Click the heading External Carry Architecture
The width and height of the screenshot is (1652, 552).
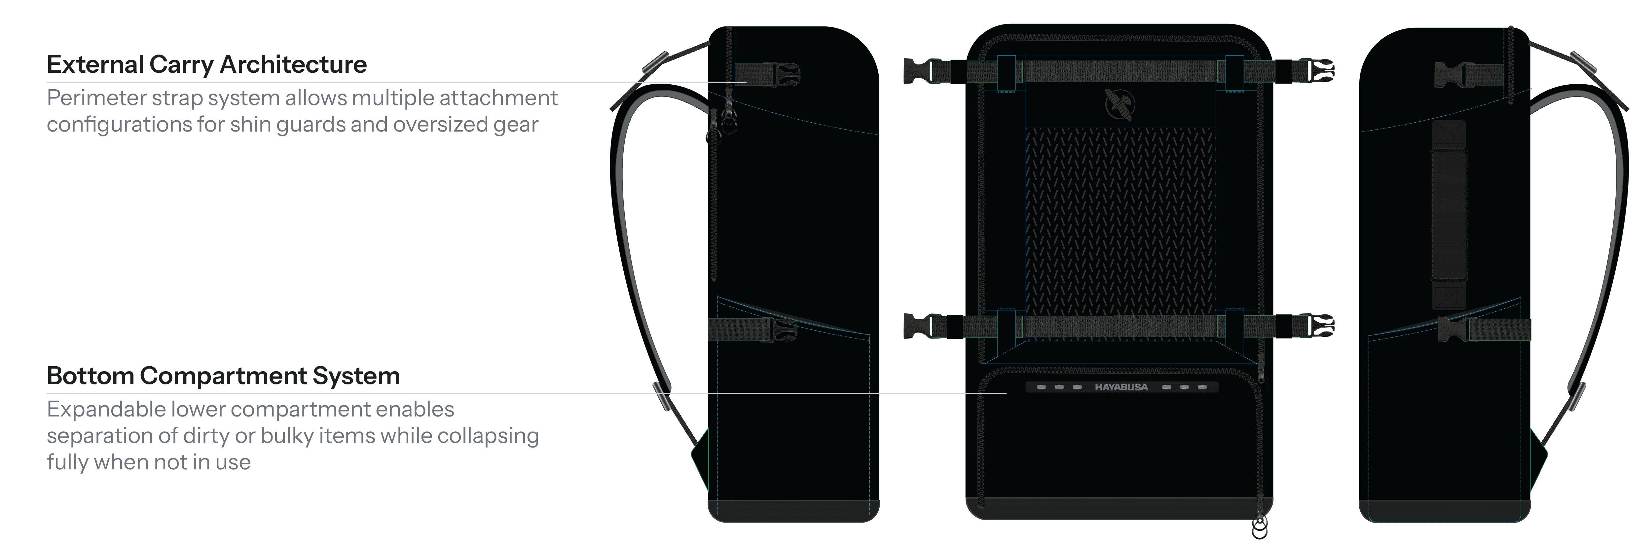click(206, 65)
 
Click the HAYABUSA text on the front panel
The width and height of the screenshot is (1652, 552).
click(1121, 387)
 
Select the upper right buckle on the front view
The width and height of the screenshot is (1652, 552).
click(1320, 71)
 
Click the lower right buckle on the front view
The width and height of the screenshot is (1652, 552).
click(1320, 326)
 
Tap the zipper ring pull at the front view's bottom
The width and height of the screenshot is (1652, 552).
click(1260, 528)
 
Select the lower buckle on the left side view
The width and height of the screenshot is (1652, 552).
click(784, 330)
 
